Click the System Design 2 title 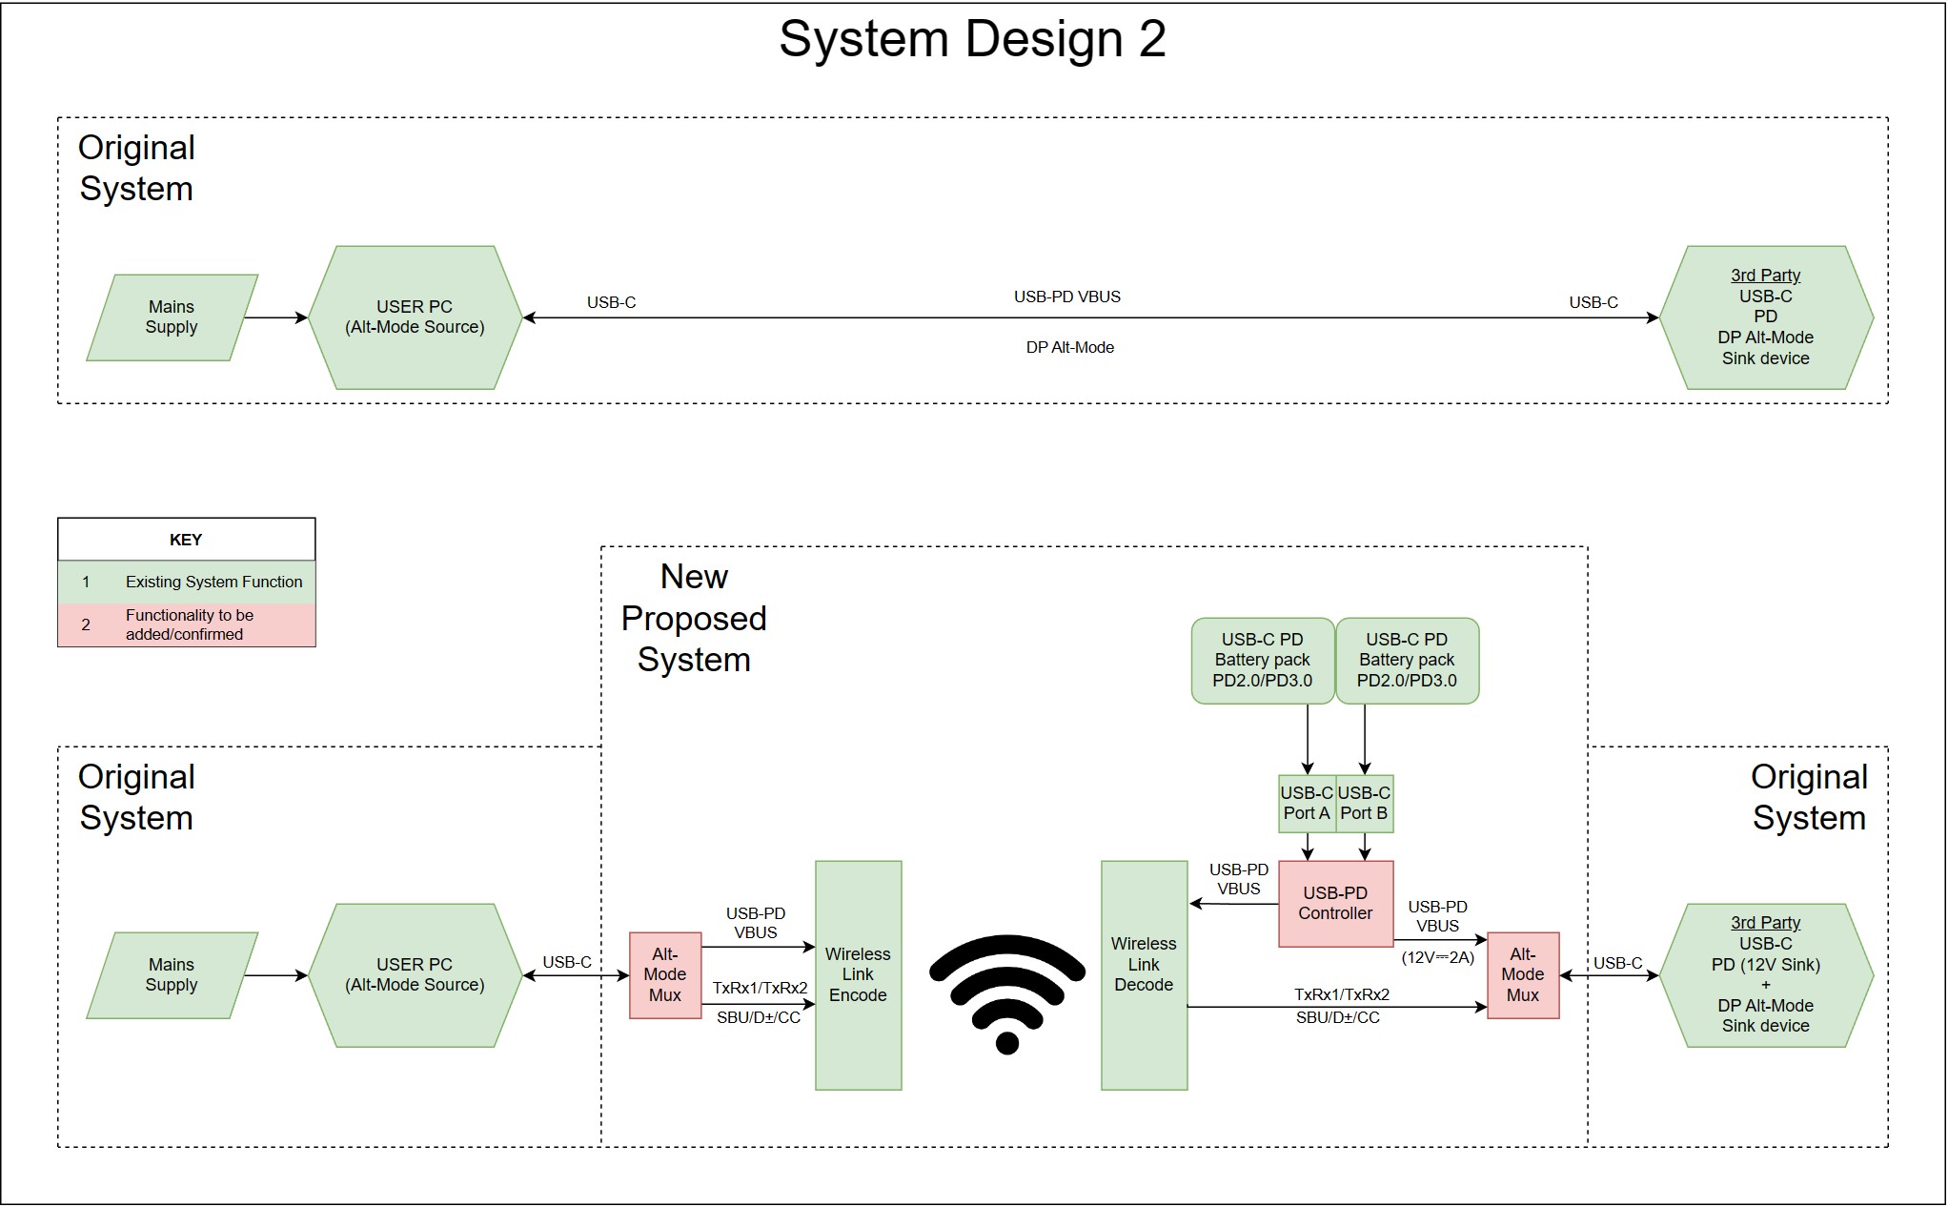(972, 40)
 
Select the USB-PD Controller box (1335, 903)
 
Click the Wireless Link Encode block (858, 974)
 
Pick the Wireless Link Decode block (1144, 974)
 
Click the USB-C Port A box (1307, 803)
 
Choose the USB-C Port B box (1364, 803)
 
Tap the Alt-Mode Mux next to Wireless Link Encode (665, 974)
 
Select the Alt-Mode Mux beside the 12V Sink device (1522, 974)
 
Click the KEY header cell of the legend (186, 540)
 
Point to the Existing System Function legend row (186, 582)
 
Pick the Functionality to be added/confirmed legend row (186, 624)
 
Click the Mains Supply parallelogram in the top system (172, 317)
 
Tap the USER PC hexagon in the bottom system (415, 974)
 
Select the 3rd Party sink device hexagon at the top (1765, 317)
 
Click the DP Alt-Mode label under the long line (1069, 348)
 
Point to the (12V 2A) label (1437, 957)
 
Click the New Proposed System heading (694, 618)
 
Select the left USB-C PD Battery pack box (1262, 660)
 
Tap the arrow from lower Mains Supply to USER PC (276, 974)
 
